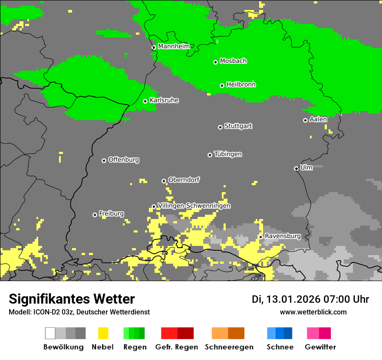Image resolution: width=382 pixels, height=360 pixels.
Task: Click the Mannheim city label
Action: tap(174, 46)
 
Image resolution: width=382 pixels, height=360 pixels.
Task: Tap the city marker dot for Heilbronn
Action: tap(222, 85)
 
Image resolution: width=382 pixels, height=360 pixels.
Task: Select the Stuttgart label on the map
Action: tap(238, 126)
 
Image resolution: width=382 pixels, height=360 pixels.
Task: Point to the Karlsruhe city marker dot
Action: tap(145, 101)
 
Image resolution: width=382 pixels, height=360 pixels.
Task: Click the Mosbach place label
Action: tap(233, 61)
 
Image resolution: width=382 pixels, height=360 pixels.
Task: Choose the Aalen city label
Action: tap(318, 119)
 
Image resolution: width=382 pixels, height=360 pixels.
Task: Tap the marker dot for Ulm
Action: tap(296, 168)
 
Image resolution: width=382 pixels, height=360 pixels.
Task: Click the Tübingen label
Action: tap(228, 154)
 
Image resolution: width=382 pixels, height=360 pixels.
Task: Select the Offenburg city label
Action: tap(123, 160)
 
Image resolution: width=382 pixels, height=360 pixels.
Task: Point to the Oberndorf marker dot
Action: tap(164, 181)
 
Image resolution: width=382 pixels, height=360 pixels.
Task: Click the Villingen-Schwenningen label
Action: tap(194, 206)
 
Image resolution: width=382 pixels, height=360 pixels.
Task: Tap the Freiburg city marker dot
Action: tap(95, 215)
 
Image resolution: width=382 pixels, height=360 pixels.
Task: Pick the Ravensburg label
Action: tap(283, 236)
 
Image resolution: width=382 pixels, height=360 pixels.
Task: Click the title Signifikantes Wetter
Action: tap(72, 299)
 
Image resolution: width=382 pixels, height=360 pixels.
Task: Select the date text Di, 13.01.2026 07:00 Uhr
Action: tap(310, 299)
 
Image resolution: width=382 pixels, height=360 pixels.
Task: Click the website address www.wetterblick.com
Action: tap(313, 312)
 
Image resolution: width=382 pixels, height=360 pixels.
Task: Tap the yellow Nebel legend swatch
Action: tap(103, 333)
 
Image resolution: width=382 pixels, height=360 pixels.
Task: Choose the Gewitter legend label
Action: tap(320, 347)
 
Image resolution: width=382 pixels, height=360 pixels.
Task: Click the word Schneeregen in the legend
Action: tap(229, 347)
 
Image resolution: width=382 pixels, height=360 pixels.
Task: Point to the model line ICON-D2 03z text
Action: tap(79, 312)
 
